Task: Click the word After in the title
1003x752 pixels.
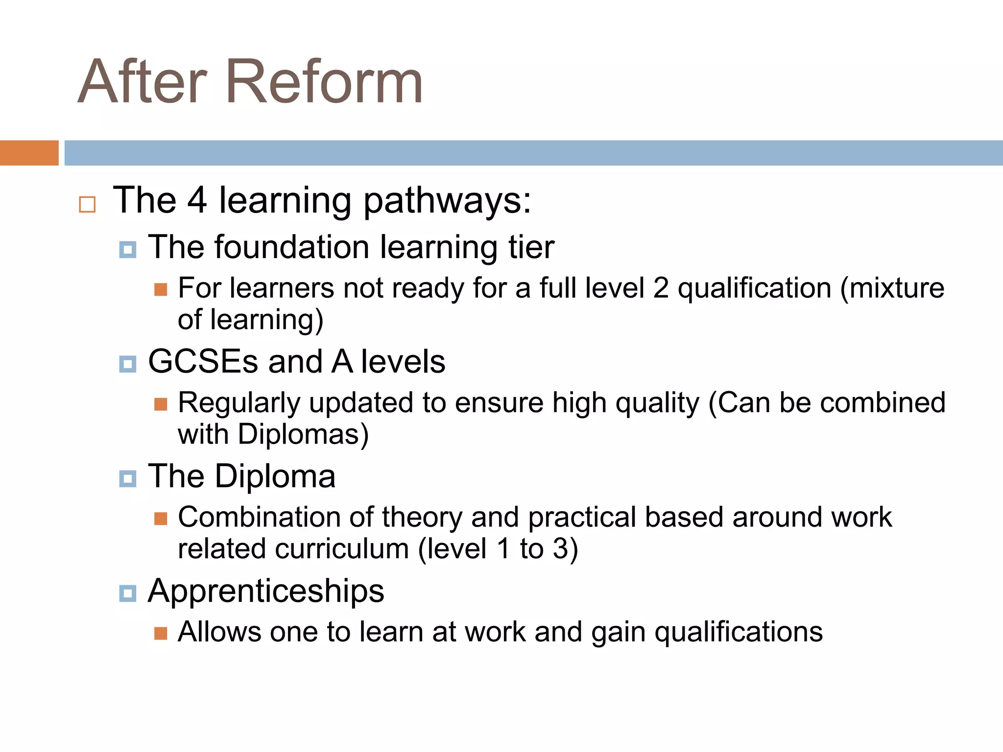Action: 143,82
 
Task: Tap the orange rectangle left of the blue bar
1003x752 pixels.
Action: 29,153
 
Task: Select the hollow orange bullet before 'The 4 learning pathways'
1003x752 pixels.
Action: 87,204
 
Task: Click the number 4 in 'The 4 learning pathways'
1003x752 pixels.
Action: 197,200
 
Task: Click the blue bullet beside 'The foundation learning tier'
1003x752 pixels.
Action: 128,250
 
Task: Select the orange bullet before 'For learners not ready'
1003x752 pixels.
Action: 161,290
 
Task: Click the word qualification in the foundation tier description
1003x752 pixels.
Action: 754,288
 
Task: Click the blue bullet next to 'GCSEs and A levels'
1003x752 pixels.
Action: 128,364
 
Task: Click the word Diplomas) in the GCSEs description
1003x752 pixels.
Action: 303,434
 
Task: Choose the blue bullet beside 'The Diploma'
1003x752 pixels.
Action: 128,479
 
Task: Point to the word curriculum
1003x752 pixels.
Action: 342,549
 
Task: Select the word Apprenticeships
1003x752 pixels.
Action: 266,591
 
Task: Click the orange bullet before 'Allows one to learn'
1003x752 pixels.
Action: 161,634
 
